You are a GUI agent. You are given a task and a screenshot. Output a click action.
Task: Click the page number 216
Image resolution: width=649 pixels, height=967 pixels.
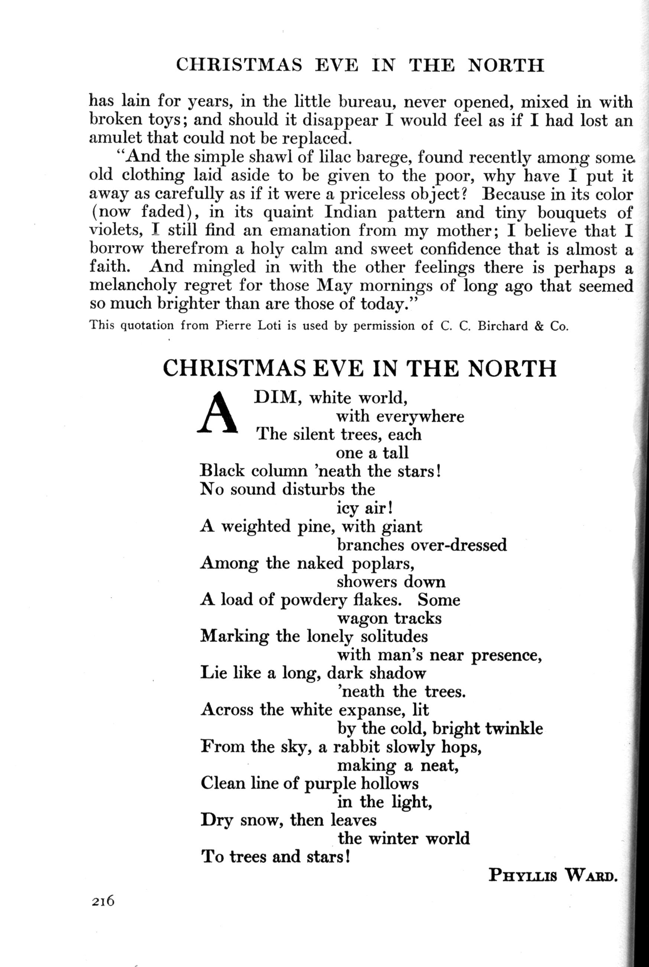(x=103, y=912)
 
